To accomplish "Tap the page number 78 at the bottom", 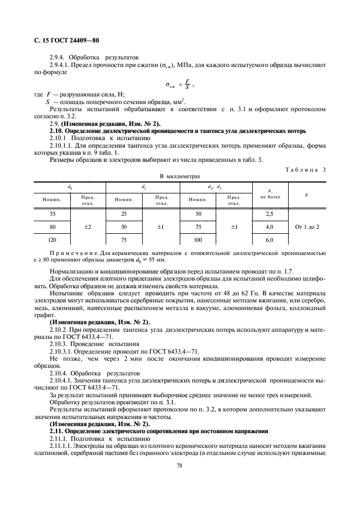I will (179, 465).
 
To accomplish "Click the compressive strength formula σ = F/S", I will (179, 86).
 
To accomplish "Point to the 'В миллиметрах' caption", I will (180, 176).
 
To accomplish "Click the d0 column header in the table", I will (69, 187).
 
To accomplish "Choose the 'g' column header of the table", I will (307, 193).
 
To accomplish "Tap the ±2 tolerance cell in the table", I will (87, 226).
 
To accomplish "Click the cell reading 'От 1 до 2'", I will (307, 226).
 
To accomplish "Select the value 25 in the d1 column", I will (124, 214).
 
